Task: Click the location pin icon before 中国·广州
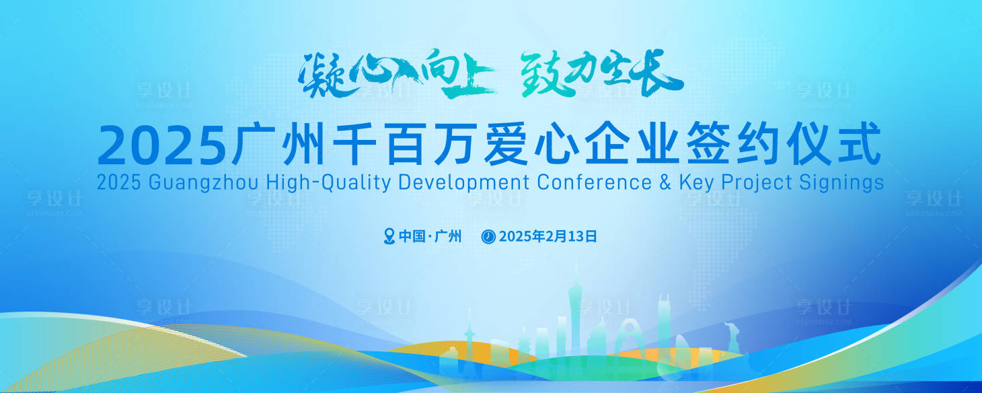pos(389,236)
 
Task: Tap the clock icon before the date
pos(489,236)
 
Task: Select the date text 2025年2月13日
pos(547,236)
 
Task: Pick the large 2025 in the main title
pos(161,145)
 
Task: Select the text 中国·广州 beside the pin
pos(430,236)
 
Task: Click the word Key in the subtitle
pos(696,182)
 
